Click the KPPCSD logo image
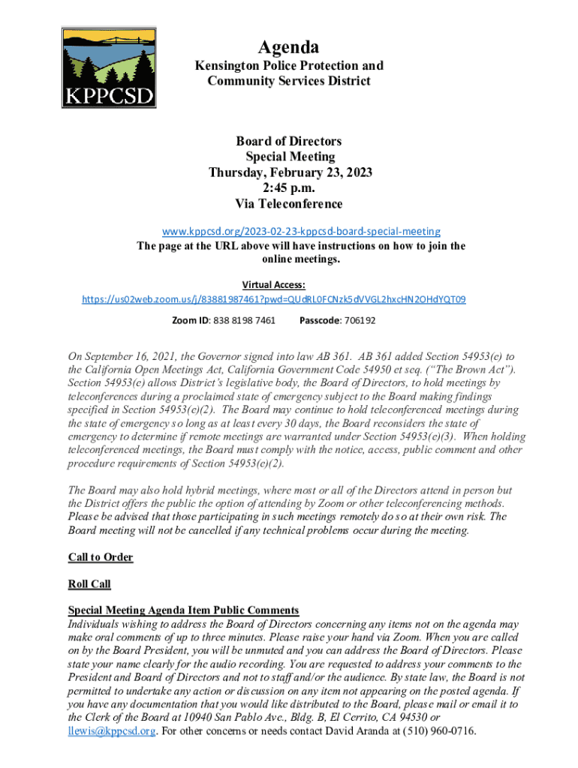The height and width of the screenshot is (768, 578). (109, 68)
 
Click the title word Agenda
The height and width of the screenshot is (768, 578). (289, 48)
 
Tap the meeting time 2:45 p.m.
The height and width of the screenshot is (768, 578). (290, 188)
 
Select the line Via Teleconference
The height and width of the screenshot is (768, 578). (290, 204)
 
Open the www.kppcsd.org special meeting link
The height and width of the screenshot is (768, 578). (289, 232)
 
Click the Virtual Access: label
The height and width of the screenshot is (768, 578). (273, 285)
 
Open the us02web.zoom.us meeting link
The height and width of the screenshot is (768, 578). (273, 299)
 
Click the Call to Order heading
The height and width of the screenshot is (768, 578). (101, 557)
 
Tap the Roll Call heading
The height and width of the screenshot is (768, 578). (89, 583)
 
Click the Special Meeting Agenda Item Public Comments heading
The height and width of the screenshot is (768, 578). (183, 610)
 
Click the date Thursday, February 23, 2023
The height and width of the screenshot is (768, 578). (290, 172)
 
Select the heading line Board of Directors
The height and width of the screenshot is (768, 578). (289, 141)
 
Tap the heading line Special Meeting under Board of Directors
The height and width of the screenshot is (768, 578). (290, 157)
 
